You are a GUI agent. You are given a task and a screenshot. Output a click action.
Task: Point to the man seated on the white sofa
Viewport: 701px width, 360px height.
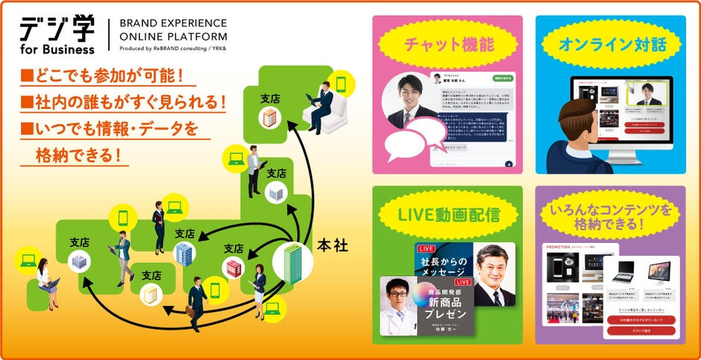[324, 109]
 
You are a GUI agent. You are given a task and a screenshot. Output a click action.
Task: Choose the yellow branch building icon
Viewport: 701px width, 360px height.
[152, 294]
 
